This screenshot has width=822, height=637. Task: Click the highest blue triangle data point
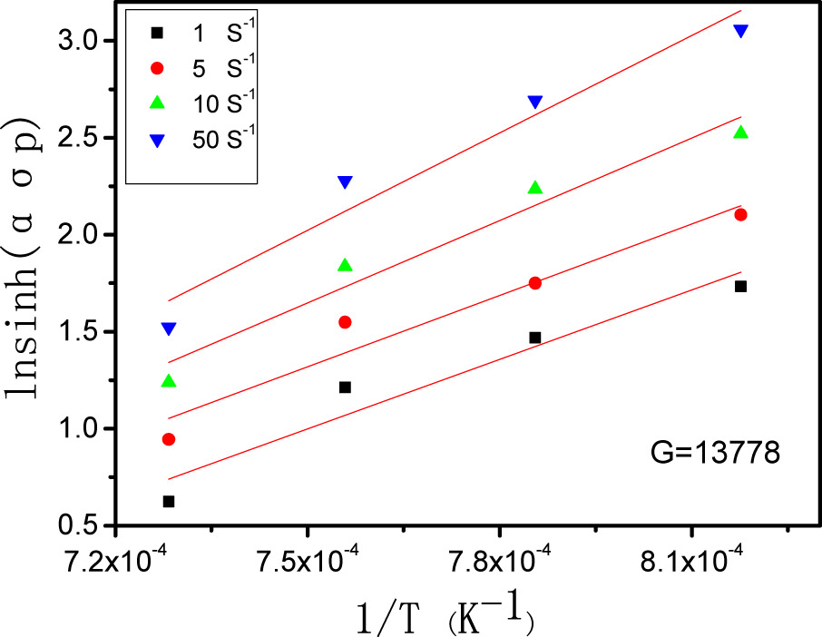click(741, 31)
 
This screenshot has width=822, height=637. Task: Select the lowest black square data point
click(169, 501)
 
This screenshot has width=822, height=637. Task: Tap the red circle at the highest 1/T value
click(741, 214)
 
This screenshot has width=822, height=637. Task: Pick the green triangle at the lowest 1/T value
click(169, 381)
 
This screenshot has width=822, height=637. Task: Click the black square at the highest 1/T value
click(741, 286)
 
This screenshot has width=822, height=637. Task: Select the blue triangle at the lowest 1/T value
click(169, 328)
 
